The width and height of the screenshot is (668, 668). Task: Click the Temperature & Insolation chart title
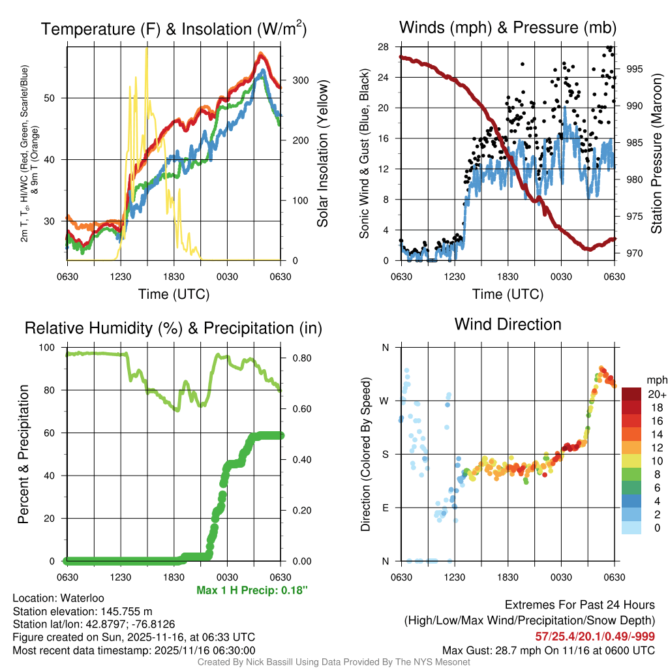click(x=174, y=29)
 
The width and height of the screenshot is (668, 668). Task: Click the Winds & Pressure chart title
click(x=508, y=27)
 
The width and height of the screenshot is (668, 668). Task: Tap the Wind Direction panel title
click(x=508, y=324)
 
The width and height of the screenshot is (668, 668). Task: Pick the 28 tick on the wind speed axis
click(x=384, y=47)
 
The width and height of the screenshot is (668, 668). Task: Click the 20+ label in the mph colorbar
click(x=656, y=394)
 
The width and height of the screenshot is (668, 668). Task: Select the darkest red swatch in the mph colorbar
click(x=632, y=394)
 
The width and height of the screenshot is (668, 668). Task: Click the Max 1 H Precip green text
click(x=251, y=590)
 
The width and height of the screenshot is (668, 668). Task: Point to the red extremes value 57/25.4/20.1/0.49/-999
click(x=594, y=636)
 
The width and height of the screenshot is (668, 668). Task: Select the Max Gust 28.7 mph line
click(x=548, y=650)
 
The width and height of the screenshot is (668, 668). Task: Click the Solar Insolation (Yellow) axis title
click(x=322, y=154)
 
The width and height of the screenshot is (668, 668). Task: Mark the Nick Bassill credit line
click(x=334, y=662)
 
